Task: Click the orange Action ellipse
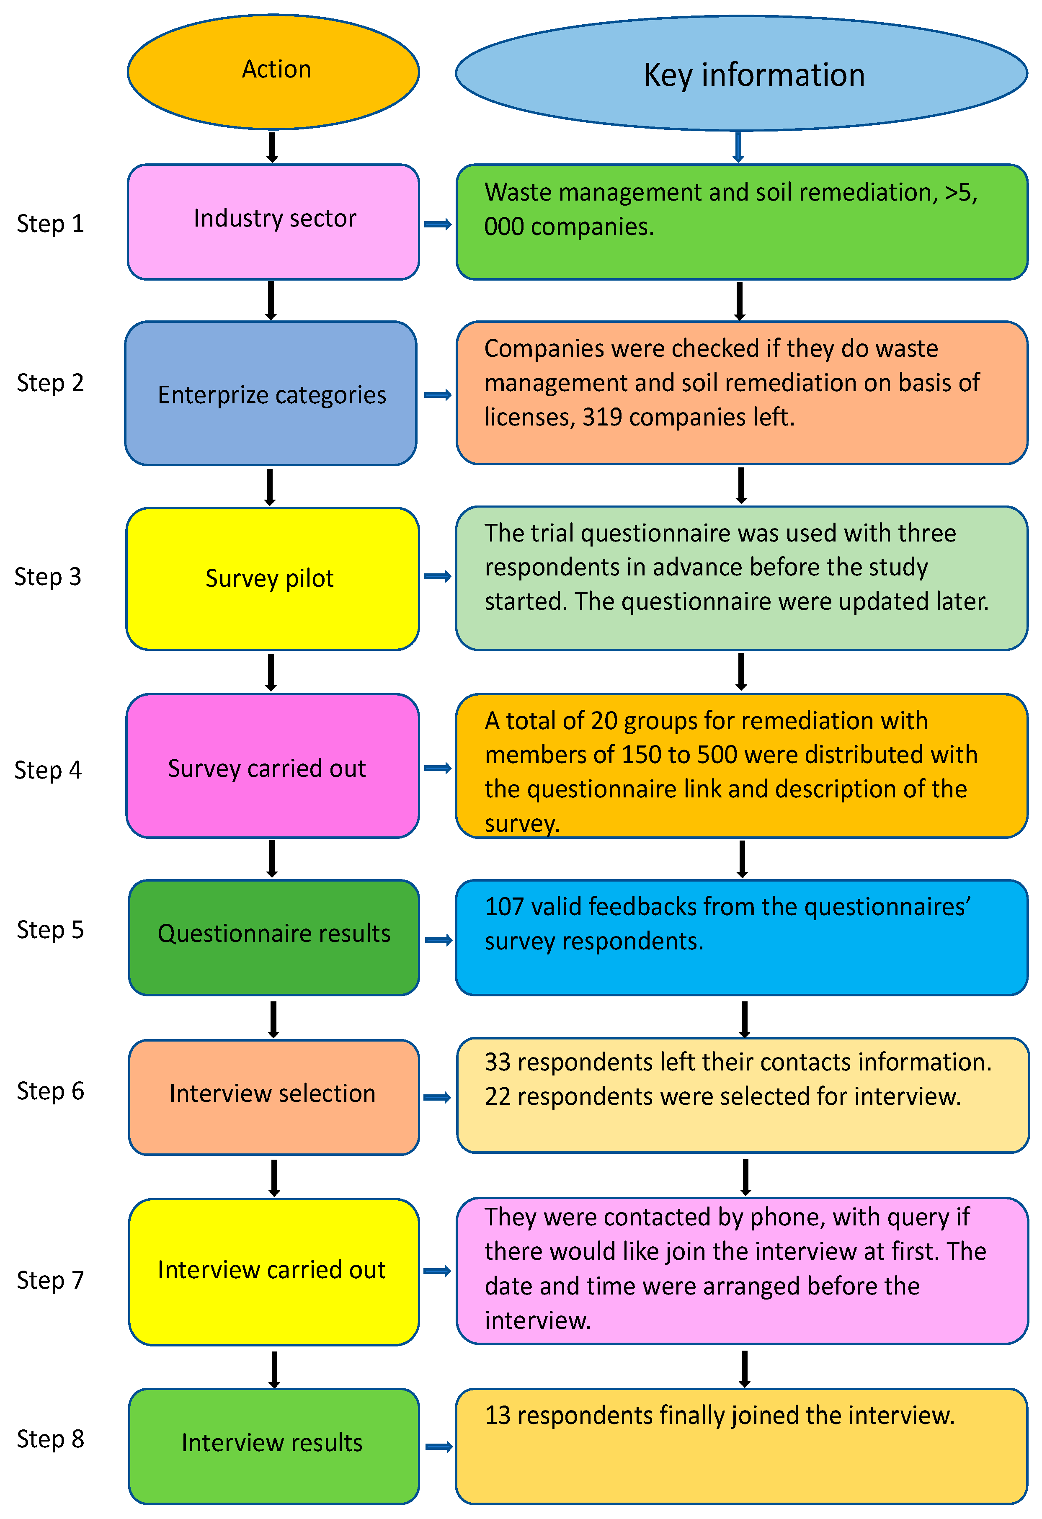tap(273, 71)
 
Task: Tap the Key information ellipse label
tap(754, 75)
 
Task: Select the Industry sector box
tap(273, 221)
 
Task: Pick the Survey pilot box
tap(272, 578)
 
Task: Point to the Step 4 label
tap(48, 770)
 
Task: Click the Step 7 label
tap(50, 1280)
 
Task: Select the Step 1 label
tap(50, 224)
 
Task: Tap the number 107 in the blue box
tap(504, 907)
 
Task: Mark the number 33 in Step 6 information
tap(497, 1062)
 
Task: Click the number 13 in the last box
tap(497, 1415)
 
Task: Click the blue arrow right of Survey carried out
tap(437, 768)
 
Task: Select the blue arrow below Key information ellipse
tap(738, 147)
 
